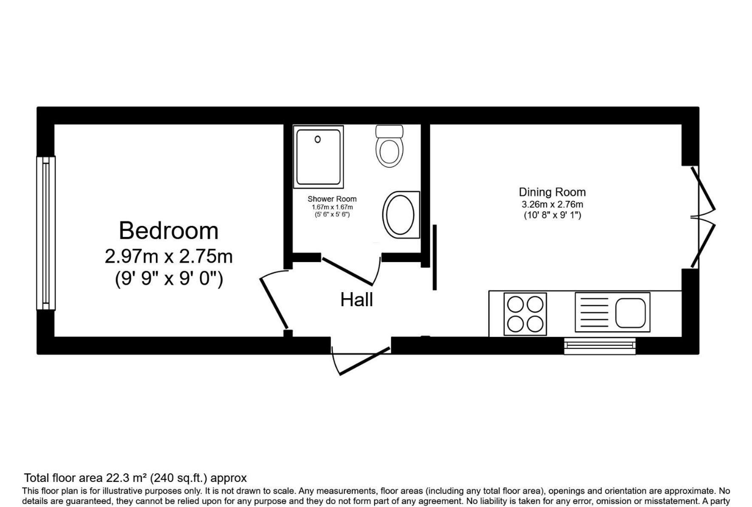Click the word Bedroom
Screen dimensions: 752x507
(x=169, y=231)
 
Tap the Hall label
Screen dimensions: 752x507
(x=356, y=300)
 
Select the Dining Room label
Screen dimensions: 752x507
(x=552, y=192)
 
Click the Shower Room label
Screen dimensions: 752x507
(x=332, y=199)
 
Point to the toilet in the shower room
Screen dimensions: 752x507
(x=390, y=146)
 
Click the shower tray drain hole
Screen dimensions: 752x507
(x=317, y=139)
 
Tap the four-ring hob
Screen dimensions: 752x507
(x=525, y=314)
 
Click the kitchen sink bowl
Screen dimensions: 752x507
(x=630, y=313)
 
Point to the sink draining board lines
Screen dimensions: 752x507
(x=594, y=313)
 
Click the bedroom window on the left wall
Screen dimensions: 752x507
(x=46, y=233)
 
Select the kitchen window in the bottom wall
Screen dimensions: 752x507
(x=600, y=346)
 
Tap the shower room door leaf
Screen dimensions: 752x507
(x=348, y=271)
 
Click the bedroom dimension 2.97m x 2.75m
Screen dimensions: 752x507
(x=169, y=256)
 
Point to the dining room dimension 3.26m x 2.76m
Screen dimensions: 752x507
(x=552, y=204)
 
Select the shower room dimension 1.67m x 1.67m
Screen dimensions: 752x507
(x=332, y=207)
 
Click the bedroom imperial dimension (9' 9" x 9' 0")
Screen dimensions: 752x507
(x=169, y=279)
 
